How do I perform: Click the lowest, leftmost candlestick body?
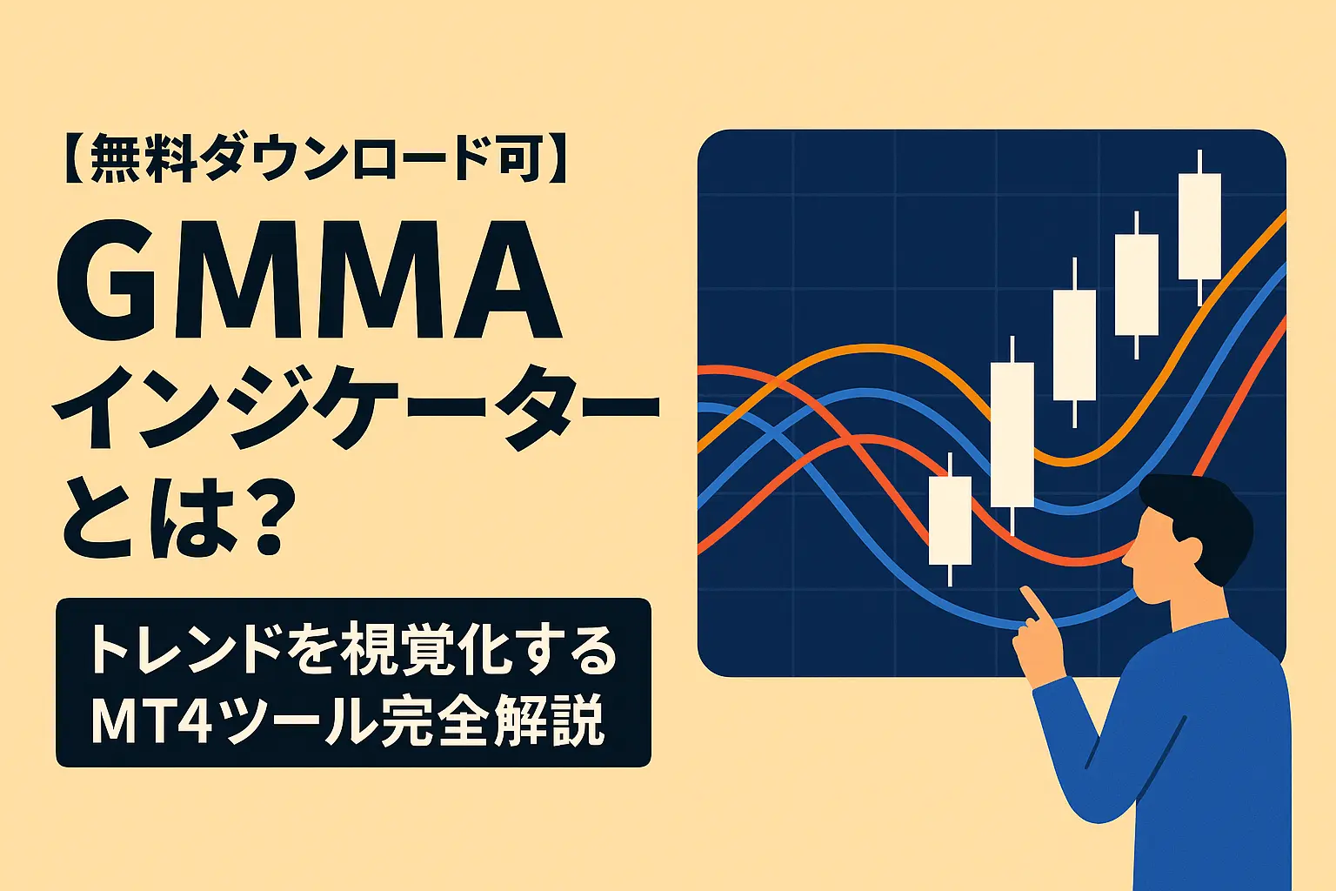(950, 520)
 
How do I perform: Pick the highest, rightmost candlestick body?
(1199, 226)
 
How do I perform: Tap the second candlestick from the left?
(1012, 434)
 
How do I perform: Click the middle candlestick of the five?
(1074, 345)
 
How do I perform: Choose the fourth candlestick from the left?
(1137, 285)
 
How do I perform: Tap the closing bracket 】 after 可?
(558, 160)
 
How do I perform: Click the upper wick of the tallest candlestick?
(1199, 162)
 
